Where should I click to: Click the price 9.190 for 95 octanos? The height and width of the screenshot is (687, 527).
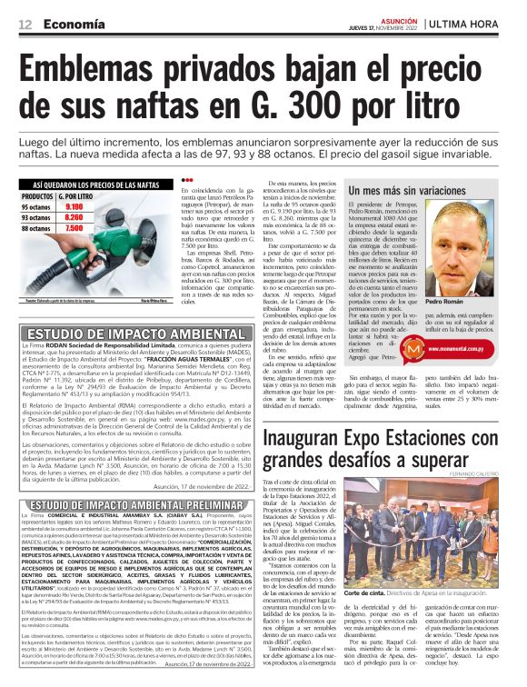click(x=75, y=206)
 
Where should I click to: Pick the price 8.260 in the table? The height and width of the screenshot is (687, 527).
click(x=75, y=217)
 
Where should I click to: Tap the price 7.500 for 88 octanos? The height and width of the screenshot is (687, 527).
click(x=75, y=229)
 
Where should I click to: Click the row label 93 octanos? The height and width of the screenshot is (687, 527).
click(x=36, y=217)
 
